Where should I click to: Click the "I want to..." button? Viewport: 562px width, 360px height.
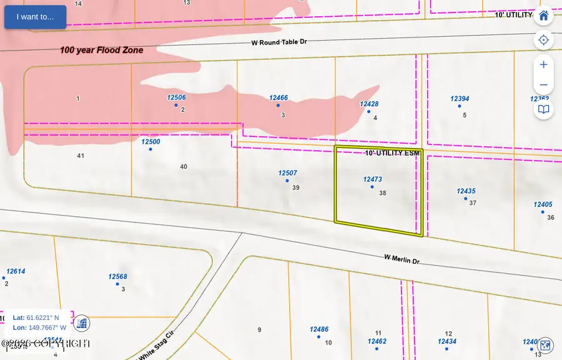(35, 17)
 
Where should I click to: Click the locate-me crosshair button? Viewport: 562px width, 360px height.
(543, 41)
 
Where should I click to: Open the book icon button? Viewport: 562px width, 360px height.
(543, 110)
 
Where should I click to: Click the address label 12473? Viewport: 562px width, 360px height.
(372, 179)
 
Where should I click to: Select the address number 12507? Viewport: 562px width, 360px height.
(287, 173)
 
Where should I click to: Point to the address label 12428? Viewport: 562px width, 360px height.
(369, 104)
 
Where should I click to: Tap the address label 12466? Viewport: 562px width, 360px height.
(279, 98)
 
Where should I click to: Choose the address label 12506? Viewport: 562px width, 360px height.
(176, 97)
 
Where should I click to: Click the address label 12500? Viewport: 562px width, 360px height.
(150, 142)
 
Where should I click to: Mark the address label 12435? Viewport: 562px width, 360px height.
(466, 191)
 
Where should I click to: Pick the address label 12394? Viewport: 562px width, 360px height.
(460, 99)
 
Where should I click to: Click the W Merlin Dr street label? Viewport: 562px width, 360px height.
(402, 258)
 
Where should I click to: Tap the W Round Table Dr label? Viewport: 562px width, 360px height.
(280, 42)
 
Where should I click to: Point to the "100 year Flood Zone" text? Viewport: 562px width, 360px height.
(102, 50)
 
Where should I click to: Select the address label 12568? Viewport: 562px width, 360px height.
(117, 277)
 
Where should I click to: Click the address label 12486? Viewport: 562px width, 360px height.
(318, 329)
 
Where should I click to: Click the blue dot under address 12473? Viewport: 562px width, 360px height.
(372, 187)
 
